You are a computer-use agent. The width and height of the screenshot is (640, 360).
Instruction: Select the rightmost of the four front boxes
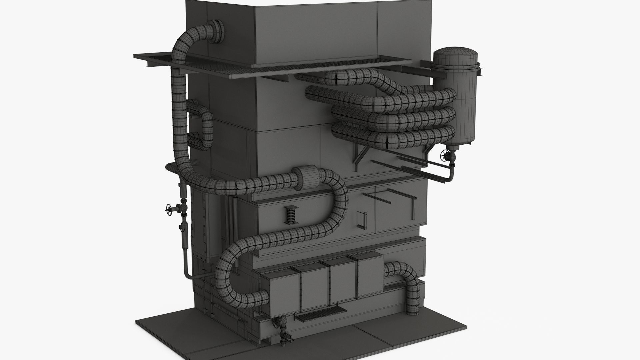tap(370, 275)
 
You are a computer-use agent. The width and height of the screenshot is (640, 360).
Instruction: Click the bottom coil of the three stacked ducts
tap(393, 135)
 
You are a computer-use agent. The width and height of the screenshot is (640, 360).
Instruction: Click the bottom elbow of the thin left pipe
tap(189, 276)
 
